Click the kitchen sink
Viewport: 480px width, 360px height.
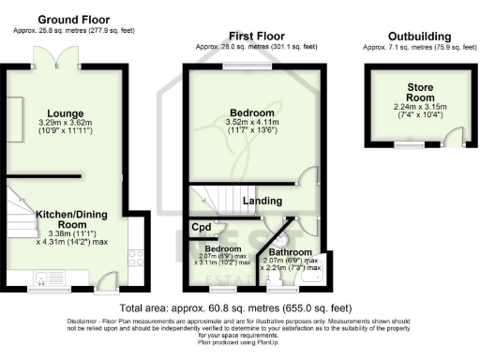42,277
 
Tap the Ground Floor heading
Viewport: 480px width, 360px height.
74,19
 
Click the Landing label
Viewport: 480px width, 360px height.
262,201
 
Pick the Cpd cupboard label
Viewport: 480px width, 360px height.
202,227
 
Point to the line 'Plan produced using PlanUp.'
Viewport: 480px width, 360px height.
239,343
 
